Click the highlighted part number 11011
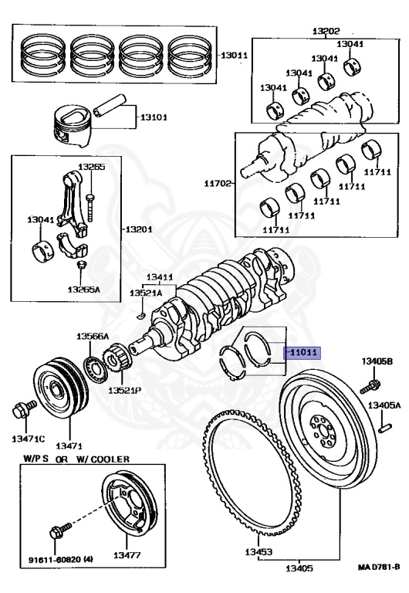click(303, 352)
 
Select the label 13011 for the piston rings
click(235, 56)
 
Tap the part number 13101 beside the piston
click(154, 118)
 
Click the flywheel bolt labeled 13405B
click(373, 382)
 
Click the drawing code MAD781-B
click(379, 568)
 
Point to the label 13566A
click(92, 336)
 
